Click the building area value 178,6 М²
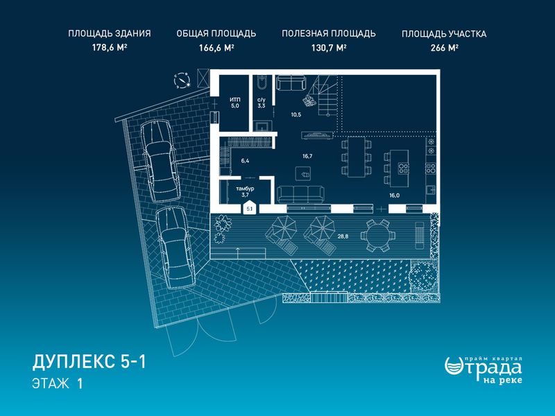click(110, 47)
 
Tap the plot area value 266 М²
click(444, 48)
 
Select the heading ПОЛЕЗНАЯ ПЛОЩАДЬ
click(328, 33)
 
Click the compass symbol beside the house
click(182, 80)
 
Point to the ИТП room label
click(235, 100)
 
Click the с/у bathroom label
click(262, 100)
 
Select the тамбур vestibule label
click(246, 189)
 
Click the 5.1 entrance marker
click(250, 207)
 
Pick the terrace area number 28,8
click(343, 236)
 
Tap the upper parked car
click(160, 161)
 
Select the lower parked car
click(176, 248)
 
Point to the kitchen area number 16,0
click(394, 195)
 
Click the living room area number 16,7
click(307, 155)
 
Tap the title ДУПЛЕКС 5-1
click(89, 362)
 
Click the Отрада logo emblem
click(453, 365)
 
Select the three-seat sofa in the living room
click(300, 193)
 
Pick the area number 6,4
click(245, 161)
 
